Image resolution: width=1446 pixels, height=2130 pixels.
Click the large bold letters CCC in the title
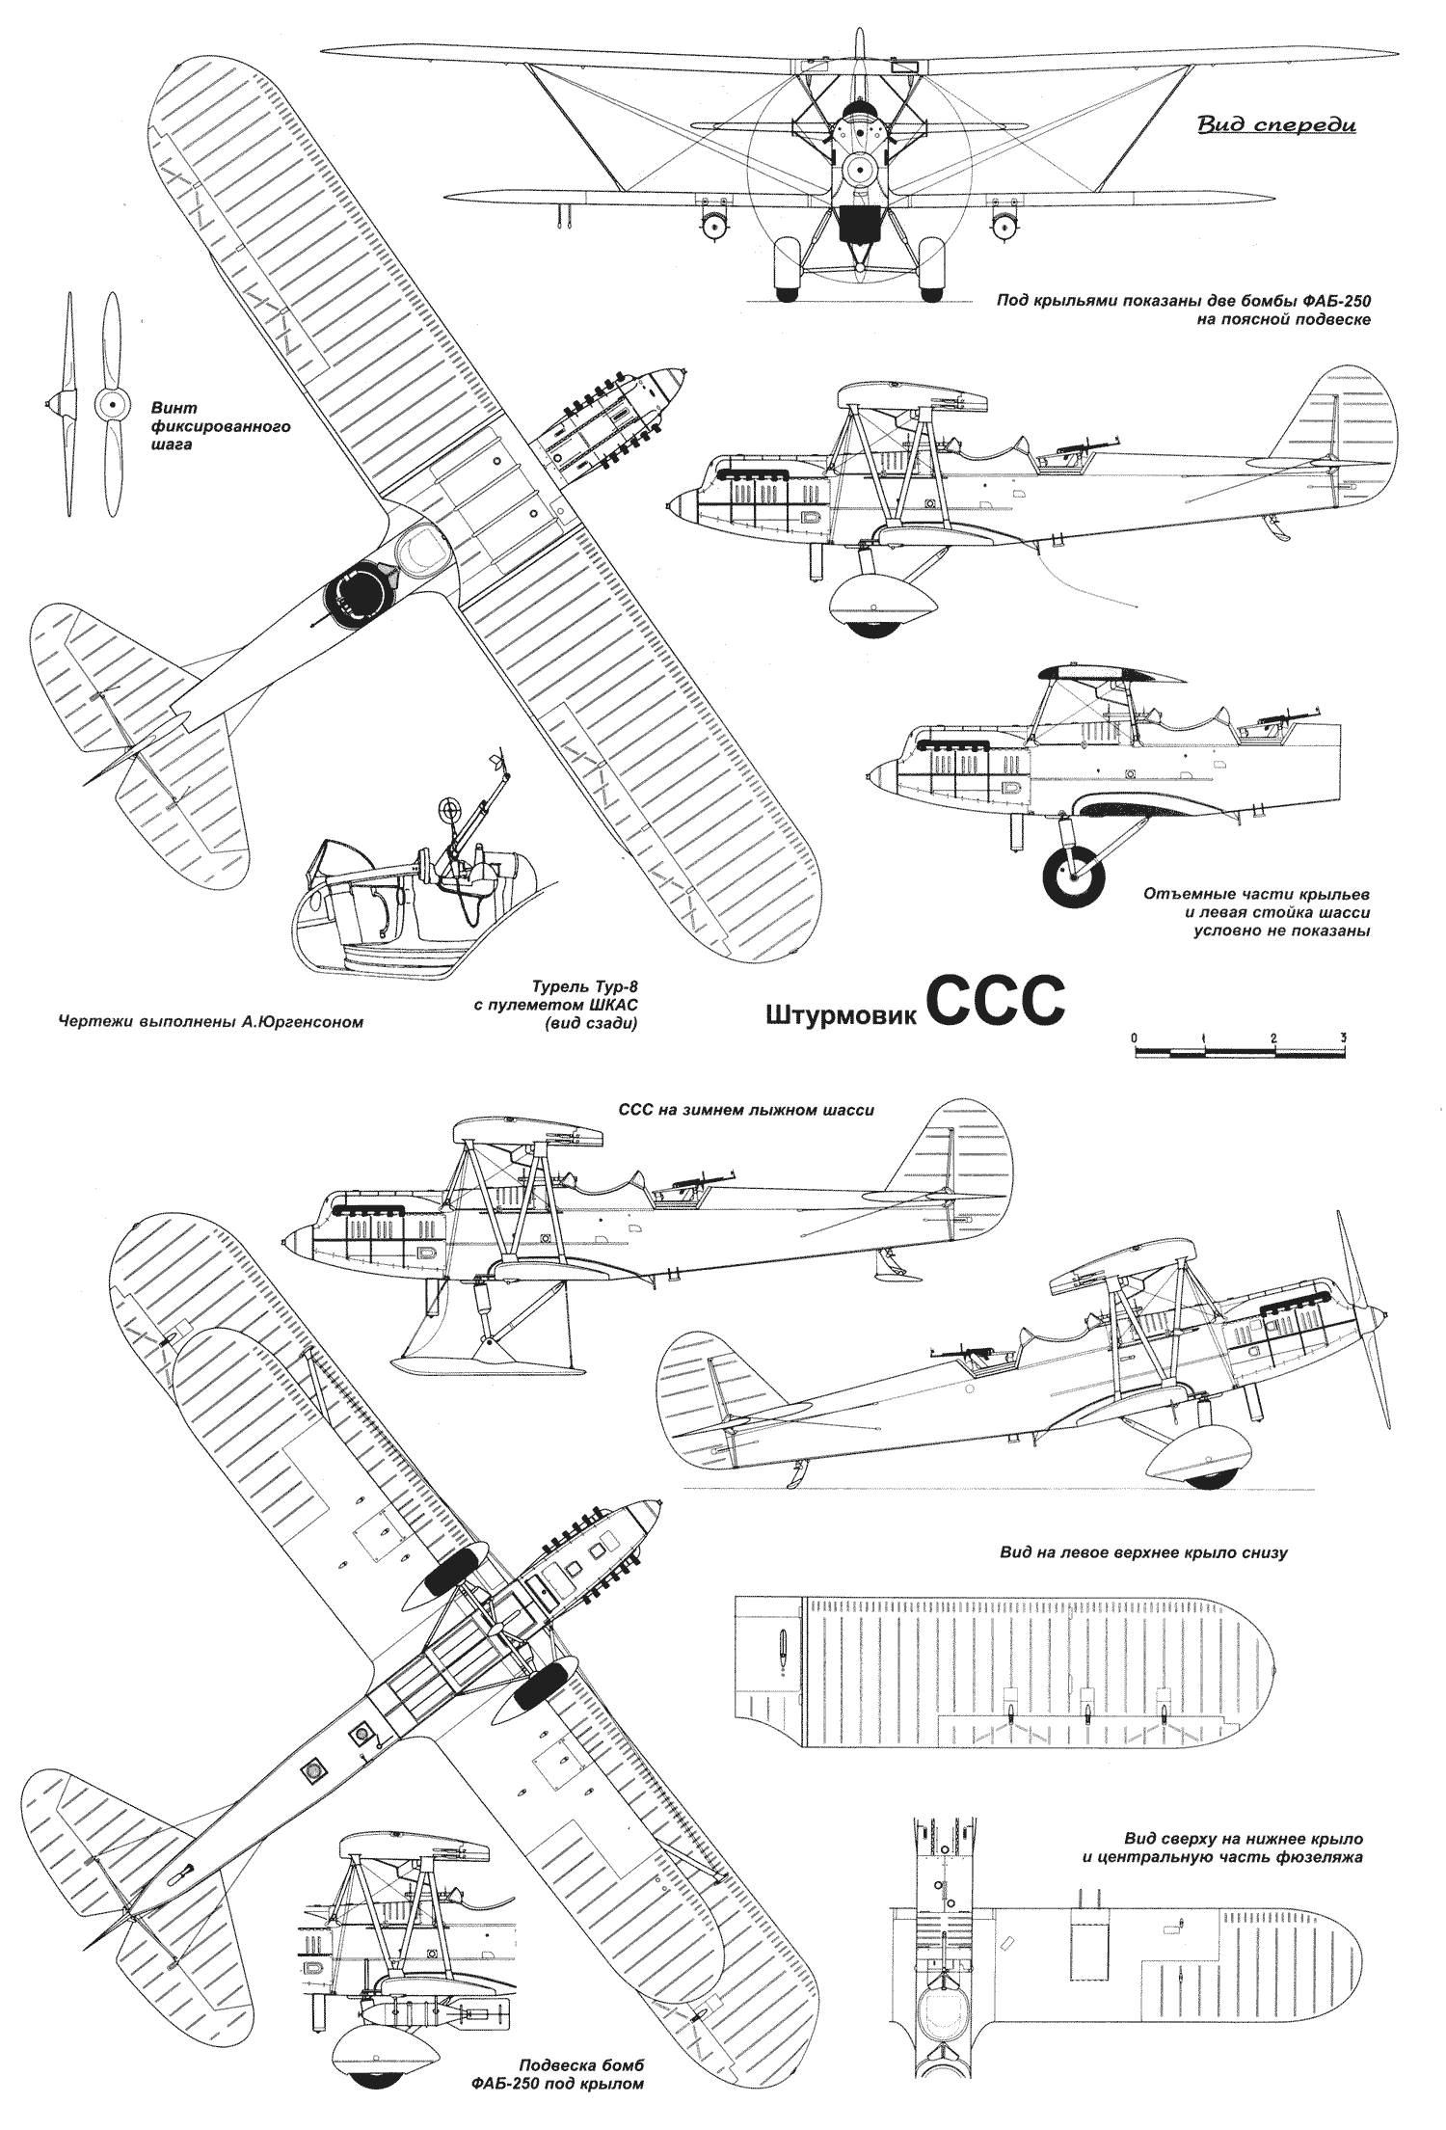click(x=997, y=1003)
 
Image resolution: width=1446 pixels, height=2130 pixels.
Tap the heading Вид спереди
click(x=1275, y=124)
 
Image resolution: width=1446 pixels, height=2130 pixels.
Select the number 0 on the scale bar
click(x=1136, y=1037)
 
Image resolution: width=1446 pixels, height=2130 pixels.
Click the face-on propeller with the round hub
click(x=109, y=406)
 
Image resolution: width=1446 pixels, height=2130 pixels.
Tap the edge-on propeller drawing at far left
click(x=67, y=406)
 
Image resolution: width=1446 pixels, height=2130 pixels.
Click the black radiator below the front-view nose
click(x=858, y=225)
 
